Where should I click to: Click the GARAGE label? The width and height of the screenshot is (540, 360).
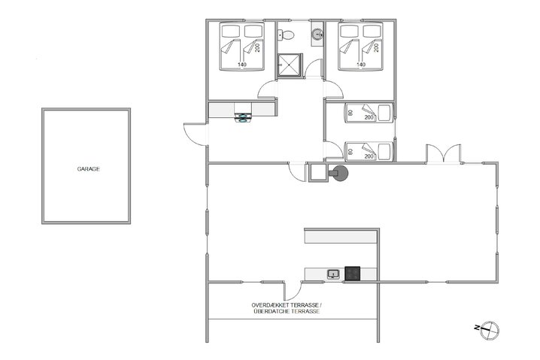click(88, 169)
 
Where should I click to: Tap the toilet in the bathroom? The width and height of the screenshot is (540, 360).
click(287, 35)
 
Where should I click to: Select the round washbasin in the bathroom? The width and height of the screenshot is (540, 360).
click(317, 34)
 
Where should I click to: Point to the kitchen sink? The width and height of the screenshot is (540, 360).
click(333, 274)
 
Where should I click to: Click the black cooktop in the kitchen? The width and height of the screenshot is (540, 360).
click(353, 274)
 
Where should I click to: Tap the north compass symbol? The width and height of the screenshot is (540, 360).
click(487, 328)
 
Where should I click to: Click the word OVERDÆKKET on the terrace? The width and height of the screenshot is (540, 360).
click(270, 304)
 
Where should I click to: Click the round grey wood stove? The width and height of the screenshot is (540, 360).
click(340, 174)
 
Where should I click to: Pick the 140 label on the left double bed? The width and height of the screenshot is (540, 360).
click(241, 65)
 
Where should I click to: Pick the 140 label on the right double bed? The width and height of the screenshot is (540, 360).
click(360, 65)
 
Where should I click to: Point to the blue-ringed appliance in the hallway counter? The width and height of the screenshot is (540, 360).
click(244, 116)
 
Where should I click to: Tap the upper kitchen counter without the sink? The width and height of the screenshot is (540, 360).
click(338, 236)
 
